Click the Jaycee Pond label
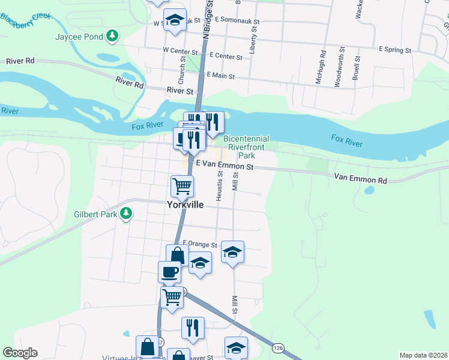pos(79,37)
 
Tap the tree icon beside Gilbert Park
pos(126,213)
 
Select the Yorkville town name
pos(185,205)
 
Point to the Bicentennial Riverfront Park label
pos(246,147)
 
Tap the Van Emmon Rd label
pos(360,179)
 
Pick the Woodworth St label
pos(338,67)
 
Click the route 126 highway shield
pos(278,347)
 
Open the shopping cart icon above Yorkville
pos(182,185)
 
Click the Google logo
pos(20,353)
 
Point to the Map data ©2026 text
pos(423,355)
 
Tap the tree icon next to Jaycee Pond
pos(112,37)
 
